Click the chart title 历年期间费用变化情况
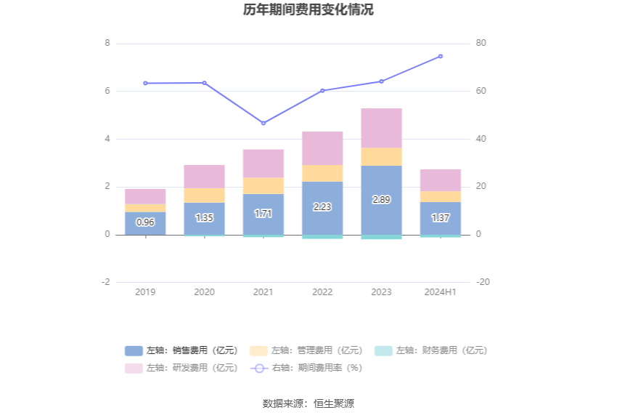[x=308, y=10]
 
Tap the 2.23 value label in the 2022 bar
[x=322, y=207]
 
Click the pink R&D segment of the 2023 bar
[x=381, y=128]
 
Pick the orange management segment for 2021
[x=263, y=185]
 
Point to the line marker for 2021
[x=263, y=123]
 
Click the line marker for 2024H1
[x=440, y=56]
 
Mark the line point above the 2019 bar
[x=145, y=83]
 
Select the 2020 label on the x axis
[x=204, y=292]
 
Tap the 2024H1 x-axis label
[x=440, y=292]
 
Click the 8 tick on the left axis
[x=107, y=44]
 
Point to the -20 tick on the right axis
[x=483, y=282]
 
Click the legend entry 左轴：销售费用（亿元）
[x=181, y=350]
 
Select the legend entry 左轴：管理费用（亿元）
[x=306, y=350]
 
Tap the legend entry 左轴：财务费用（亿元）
[x=431, y=350]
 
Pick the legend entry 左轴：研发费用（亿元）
[x=181, y=368]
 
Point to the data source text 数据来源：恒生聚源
[x=308, y=403]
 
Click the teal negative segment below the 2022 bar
[x=322, y=237]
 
